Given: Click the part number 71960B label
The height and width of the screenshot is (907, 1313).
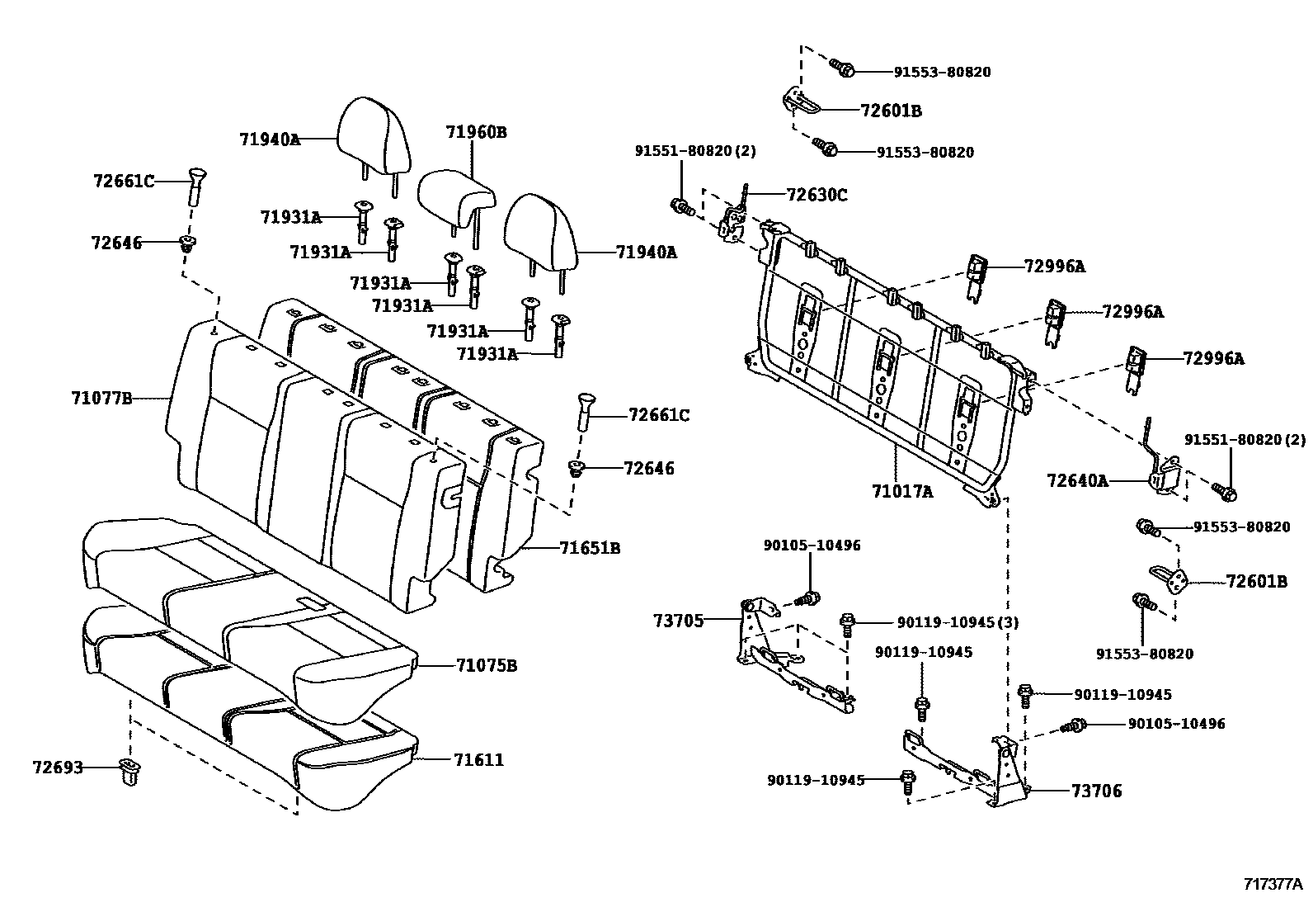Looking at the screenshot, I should click(x=476, y=132).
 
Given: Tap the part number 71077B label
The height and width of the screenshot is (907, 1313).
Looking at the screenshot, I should click(x=101, y=399).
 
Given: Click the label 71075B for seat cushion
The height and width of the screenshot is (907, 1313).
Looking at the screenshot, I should click(x=486, y=665).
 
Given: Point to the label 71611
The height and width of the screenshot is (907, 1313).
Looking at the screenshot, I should click(x=478, y=759).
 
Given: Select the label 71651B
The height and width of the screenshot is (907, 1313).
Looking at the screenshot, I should click(x=589, y=548).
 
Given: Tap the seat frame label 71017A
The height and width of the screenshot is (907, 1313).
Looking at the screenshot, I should click(x=902, y=492).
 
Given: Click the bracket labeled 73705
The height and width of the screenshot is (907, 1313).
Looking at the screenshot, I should click(x=755, y=635).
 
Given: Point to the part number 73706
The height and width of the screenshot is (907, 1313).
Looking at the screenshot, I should click(x=1096, y=791).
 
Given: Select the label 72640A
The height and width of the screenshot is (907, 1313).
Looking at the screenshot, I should click(x=1077, y=479).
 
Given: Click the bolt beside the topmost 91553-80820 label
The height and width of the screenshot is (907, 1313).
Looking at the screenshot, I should click(x=840, y=67).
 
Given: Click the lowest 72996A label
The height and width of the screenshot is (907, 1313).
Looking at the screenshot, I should click(x=1213, y=358).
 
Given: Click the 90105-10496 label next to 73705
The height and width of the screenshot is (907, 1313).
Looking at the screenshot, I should click(x=812, y=546).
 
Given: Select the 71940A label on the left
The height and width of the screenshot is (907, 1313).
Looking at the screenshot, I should click(x=270, y=139).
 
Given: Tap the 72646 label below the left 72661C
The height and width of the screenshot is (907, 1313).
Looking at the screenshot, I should click(x=116, y=243).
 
